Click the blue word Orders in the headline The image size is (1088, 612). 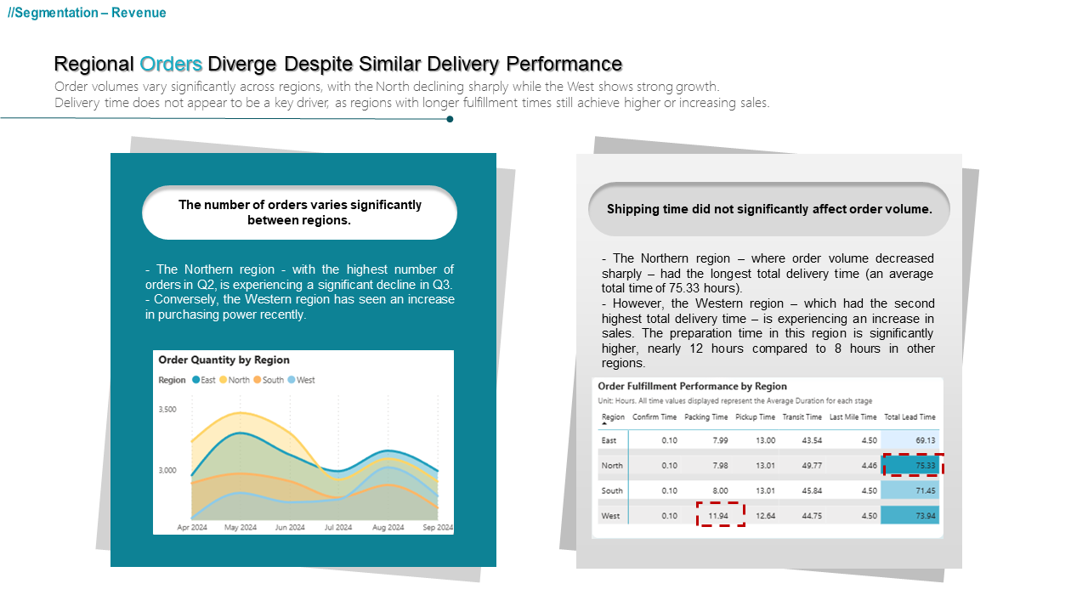coord(171,64)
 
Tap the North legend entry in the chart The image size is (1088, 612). coord(235,380)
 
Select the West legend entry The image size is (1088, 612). coord(301,380)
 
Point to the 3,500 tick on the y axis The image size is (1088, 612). coord(167,410)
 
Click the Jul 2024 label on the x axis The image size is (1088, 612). coord(338,528)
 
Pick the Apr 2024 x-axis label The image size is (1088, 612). coord(192,528)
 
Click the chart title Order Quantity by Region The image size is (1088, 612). coord(224,360)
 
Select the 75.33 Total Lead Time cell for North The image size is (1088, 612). coord(910,465)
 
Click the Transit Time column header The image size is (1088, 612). coord(802,417)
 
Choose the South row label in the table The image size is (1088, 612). coord(612,490)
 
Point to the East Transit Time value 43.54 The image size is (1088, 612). coord(812,440)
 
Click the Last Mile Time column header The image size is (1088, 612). coord(853,417)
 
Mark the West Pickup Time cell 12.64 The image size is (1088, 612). coord(766,516)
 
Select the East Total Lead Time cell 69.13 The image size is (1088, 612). coord(910,440)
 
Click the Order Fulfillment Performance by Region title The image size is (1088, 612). coord(692,387)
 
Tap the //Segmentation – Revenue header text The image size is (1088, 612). coord(87,13)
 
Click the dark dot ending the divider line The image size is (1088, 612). coord(450,119)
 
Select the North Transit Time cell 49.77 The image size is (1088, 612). coord(812,465)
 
